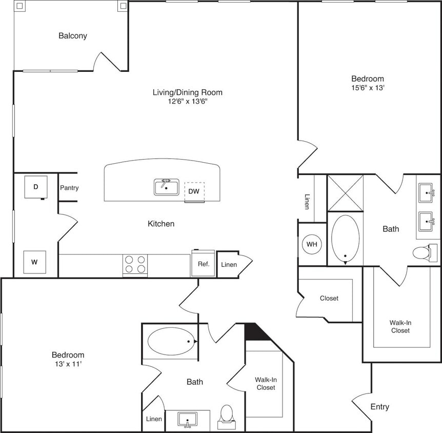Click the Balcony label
pos(73,36)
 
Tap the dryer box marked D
pos(36,187)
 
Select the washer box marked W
pos(35,262)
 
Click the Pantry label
pos(69,188)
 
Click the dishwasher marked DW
pos(194,192)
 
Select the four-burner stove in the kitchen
pos(135,264)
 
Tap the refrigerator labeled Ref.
pos(203,264)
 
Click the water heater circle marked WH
pos(312,244)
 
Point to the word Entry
pos(379,407)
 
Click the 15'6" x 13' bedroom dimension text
pos(368,88)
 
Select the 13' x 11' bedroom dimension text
pos(68,364)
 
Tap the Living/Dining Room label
pos(188,92)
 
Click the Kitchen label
pos(161,224)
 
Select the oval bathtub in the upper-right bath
pos(345,239)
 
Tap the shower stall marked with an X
pos(345,193)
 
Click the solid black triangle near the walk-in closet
pos(255,332)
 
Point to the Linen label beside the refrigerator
pos(229,265)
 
